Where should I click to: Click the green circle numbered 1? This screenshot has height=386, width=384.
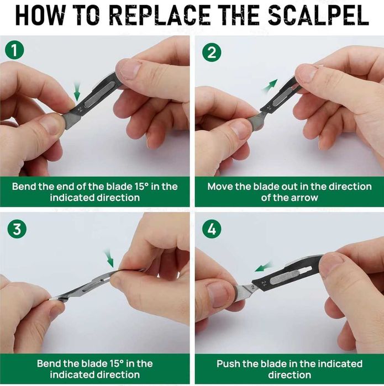pos(14,50)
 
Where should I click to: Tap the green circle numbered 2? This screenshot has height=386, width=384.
pos(212,52)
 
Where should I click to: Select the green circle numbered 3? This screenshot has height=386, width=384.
pos(17,229)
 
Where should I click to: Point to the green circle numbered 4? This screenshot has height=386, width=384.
pos(212,229)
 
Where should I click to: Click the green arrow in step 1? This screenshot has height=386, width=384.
pos(77,92)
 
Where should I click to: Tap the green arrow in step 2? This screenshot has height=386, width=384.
pos(270,86)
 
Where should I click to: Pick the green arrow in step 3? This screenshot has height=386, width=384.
pos(109,258)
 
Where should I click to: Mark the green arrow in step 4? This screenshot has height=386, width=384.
pos(264,267)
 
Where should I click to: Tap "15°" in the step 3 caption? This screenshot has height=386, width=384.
pos(116,363)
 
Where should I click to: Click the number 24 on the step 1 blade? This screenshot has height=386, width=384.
pos(80,109)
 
